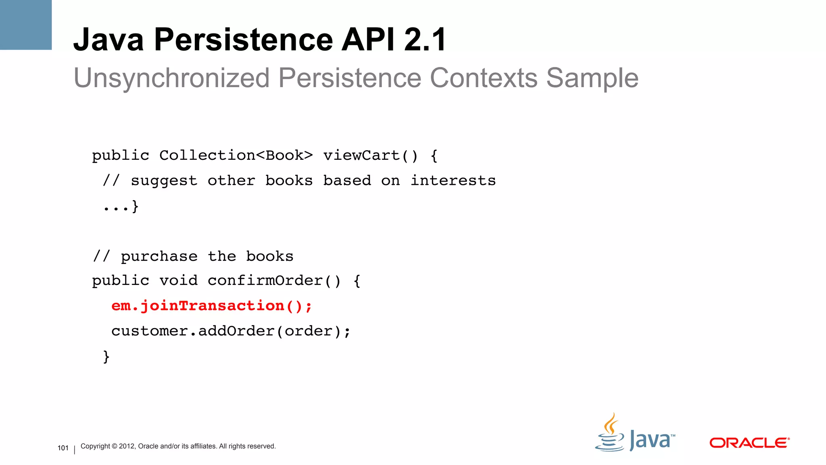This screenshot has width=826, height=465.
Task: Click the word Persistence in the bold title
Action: click(x=243, y=40)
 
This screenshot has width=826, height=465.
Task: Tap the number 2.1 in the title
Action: click(x=425, y=40)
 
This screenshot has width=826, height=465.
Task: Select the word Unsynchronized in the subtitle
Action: click(x=171, y=77)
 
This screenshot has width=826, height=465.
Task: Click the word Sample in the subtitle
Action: click(x=592, y=77)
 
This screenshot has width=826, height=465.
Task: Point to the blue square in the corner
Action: click(x=26, y=25)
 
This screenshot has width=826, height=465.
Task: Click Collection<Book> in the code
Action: click(x=236, y=155)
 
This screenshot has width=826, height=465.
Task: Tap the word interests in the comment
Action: click(x=453, y=180)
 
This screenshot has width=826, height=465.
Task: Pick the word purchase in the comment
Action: click(x=159, y=257)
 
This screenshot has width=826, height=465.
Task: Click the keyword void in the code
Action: click(x=178, y=281)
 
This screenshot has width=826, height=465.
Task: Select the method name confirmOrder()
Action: click(x=274, y=281)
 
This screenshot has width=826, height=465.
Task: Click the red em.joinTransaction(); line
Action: click(x=212, y=306)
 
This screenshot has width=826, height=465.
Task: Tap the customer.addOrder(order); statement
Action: click(x=231, y=331)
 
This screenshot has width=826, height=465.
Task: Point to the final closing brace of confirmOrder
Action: click(x=106, y=356)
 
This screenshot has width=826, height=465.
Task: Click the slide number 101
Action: click(x=63, y=448)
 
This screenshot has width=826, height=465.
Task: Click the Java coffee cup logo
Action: click(x=610, y=434)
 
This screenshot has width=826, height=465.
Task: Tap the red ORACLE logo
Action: click(x=749, y=443)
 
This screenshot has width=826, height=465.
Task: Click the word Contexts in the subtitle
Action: click(x=483, y=77)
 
